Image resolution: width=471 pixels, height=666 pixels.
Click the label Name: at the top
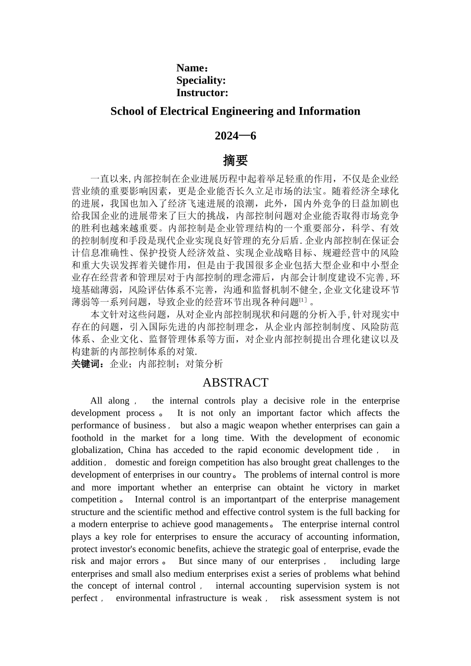tap(192, 68)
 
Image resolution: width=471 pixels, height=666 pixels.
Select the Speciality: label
tap(201, 80)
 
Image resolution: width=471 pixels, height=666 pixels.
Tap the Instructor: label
tap(202, 93)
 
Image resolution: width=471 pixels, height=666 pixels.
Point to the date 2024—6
tap(235, 136)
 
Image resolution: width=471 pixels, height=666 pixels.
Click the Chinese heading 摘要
tap(235, 161)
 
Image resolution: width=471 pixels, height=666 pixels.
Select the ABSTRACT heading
tap(235, 383)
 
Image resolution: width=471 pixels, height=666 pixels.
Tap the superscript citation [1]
tap(303, 300)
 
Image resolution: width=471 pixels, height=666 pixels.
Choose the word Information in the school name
tap(329, 111)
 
